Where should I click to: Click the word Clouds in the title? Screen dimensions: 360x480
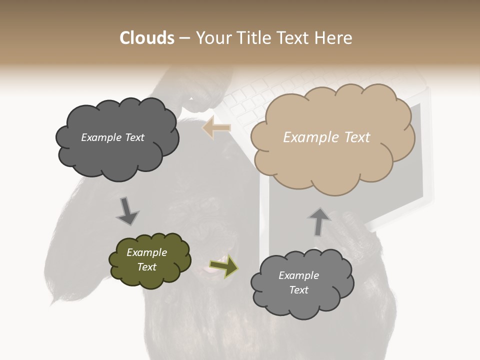pos(147,38)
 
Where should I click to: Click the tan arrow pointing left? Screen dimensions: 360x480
pos(216,127)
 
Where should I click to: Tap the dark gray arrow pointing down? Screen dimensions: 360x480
pos(127,211)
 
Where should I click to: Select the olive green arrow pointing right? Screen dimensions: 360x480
pos(223,266)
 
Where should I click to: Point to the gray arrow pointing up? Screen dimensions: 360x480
pos(318,221)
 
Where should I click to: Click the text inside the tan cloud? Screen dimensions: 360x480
pos(326,137)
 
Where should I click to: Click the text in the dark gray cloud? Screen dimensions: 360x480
pos(112,137)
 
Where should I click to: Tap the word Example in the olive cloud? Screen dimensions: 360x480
pos(146,252)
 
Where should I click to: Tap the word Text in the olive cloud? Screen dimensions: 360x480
pos(146,267)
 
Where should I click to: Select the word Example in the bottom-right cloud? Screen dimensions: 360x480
pos(298,275)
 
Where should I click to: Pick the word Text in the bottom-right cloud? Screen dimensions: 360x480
pos(298,290)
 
